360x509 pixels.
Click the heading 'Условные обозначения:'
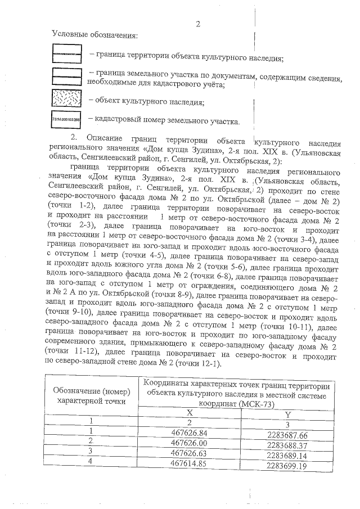pyautogui.click(x=94, y=36)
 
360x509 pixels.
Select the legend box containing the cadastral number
pyautogui.click(x=67, y=120)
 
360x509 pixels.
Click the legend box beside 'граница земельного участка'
pyautogui.click(x=67, y=77)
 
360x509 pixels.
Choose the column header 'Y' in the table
pyautogui.click(x=287, y=414)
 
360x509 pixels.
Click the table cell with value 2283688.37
pyautogui.click(x=287, y=444)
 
